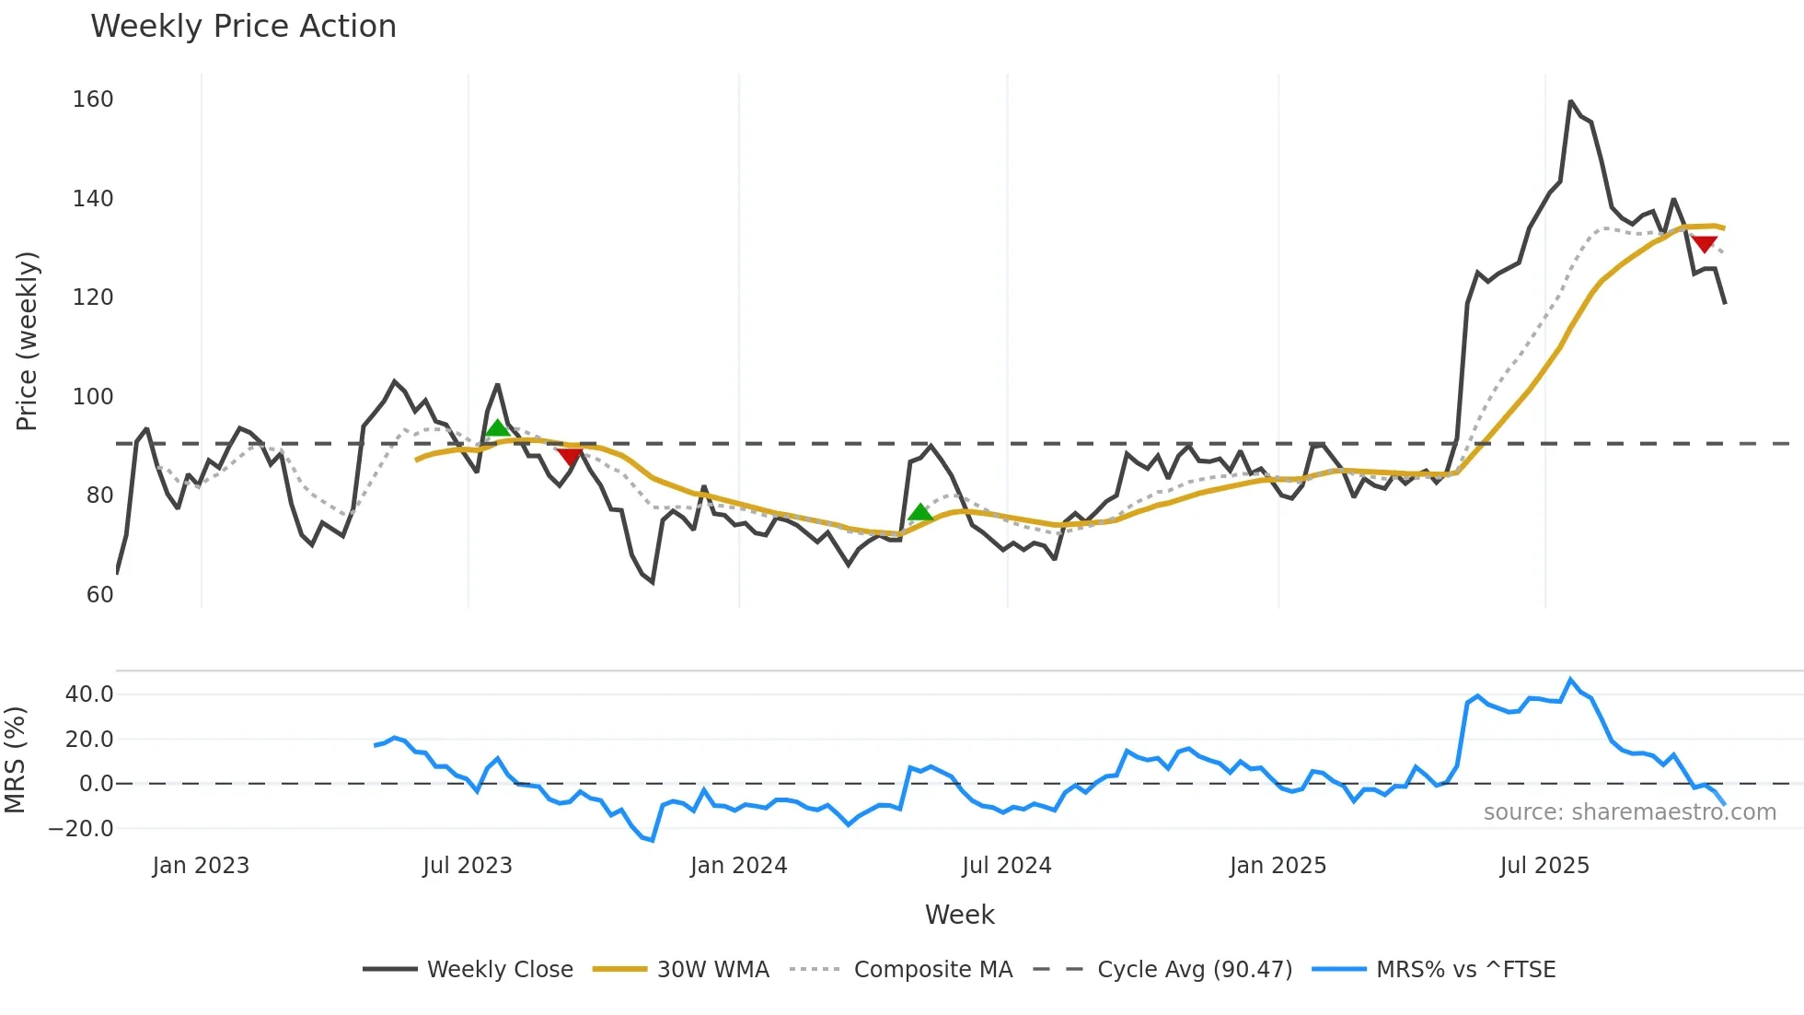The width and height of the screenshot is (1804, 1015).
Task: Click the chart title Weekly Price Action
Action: [x=243, y=27]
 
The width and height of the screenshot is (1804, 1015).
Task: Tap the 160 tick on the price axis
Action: [x=93, y=99]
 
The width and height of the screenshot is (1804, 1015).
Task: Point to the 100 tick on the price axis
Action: [x=93, y=397]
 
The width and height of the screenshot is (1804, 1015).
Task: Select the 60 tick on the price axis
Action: [x=99, y=595]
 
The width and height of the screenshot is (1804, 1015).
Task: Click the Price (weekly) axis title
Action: [x=28, y=341]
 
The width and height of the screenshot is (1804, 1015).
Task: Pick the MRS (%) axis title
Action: [x=16, y=760]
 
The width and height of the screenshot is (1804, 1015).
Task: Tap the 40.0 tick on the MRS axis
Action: [x=89, y=694]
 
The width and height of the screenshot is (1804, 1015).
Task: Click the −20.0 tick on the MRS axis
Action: [x=81, y=829]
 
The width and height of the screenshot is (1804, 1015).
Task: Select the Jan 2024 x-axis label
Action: [x=738, y=866]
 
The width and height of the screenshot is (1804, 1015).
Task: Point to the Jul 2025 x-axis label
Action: [x=1544, y=866]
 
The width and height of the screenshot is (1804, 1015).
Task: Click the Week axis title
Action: [x=959, y=915]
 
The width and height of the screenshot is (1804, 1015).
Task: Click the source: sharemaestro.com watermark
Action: [x=1629, y=812]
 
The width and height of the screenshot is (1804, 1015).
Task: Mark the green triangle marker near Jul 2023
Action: [x=497, y=428]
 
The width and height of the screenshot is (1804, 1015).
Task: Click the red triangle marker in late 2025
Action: [x=1704, y=244]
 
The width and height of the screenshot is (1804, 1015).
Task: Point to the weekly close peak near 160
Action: [x=1570, y=101]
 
